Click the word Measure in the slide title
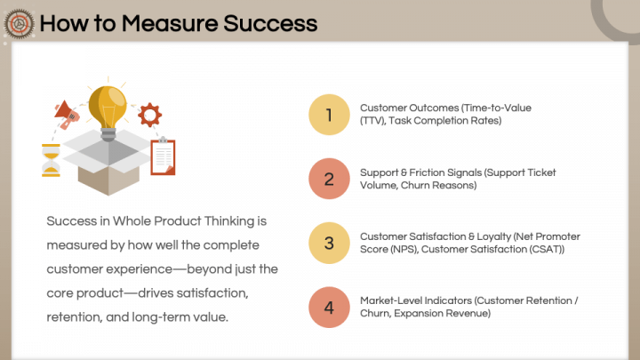(170, 23)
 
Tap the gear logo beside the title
(19, 24)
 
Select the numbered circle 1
(329, 115)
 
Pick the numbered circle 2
(329, 179)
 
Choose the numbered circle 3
(329, 243)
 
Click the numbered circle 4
(329, 307)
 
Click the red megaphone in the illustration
(67, 114)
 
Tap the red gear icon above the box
(150, 115)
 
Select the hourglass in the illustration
(51, 160)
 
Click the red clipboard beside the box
(163, 156)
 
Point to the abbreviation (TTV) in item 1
(372, 121)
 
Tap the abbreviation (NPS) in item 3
(404, 250)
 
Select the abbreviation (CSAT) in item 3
(547, 250)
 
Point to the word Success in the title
(270, 23)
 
